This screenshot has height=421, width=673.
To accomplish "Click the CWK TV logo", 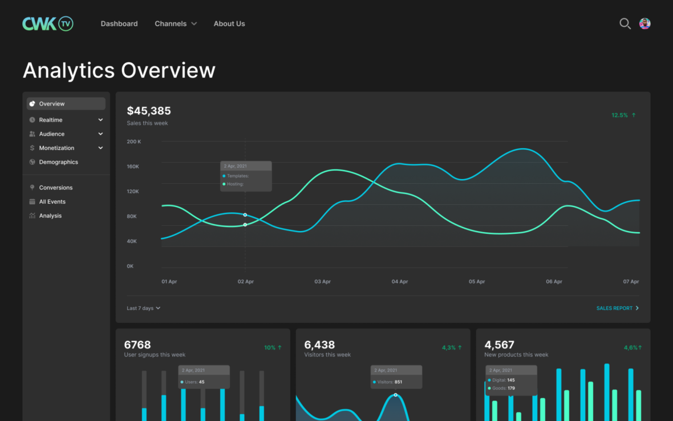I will (48, 23).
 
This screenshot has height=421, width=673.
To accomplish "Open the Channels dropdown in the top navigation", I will (176, 23).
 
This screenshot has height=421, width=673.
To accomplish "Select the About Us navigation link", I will (229, 23).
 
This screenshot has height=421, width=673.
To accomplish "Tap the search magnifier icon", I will (625, 23).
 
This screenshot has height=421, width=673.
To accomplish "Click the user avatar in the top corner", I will (645, 23).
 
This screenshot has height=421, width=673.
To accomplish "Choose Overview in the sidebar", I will (52, 104).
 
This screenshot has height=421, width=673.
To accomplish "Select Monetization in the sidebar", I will (56, 148).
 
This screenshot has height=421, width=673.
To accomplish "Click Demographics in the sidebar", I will (58, 162).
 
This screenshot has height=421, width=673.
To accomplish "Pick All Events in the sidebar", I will (52, 201).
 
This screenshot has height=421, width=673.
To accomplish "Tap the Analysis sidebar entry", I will (50, 216).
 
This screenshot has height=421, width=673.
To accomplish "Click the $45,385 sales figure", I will (149, 111).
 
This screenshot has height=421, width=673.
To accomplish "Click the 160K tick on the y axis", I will (133, 167).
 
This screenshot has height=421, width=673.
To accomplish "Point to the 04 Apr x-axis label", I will (399, 282).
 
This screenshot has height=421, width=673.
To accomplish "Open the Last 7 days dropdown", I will (143, 308).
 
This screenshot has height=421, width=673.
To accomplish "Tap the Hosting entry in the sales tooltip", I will (235, 184).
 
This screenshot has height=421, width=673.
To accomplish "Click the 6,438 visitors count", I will (319, 345).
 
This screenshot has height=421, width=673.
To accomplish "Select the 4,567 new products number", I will (499, 345).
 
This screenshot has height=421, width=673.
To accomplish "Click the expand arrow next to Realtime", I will (100, 120).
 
